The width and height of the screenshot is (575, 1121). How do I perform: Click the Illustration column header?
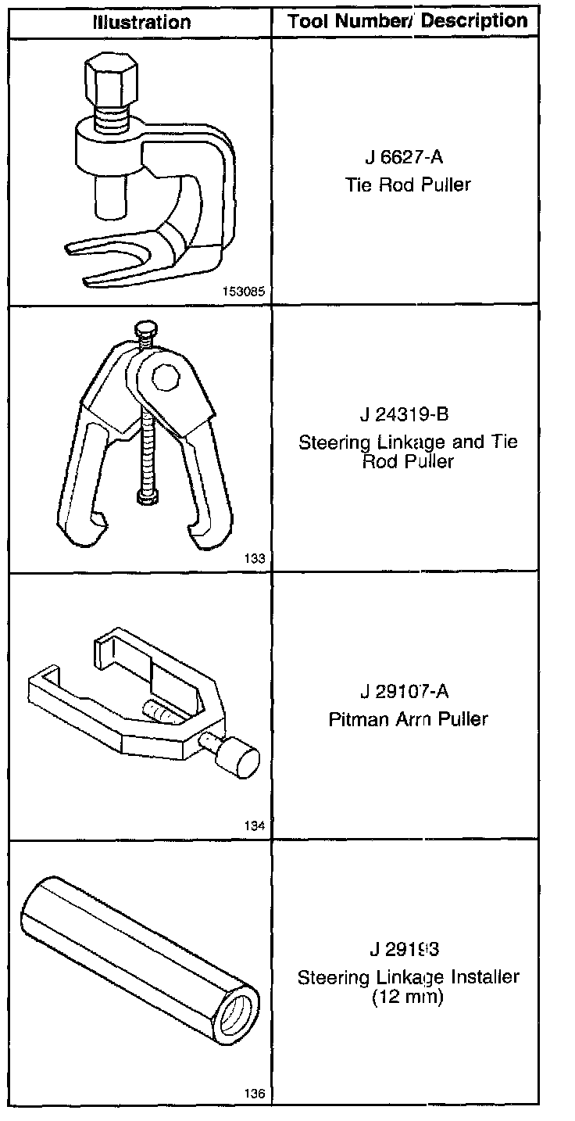(x=141, y=22)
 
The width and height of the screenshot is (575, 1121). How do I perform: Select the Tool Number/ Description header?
(x=408, y=21)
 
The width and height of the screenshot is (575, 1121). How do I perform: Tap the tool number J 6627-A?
(x=404, y=158)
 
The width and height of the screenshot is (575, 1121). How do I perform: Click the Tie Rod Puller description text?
(x=408, y=185)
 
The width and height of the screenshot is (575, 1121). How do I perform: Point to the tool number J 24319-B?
(x=407, y=414)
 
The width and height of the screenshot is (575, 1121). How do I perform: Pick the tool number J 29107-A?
(x=407, y=692)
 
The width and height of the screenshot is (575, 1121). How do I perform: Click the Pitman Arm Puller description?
(x=408, y=719)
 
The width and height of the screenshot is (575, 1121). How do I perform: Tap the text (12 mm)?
(x=408, y=997)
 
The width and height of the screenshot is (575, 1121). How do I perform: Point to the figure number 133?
(x=255, y=559)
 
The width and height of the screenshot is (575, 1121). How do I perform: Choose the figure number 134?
(x=255, y=826)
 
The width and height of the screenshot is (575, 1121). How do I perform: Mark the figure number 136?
(x=255, y=1094)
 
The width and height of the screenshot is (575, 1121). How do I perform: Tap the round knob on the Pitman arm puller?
(x=239, y=758)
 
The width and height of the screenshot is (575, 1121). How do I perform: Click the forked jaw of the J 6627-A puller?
(x=117, y=254)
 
